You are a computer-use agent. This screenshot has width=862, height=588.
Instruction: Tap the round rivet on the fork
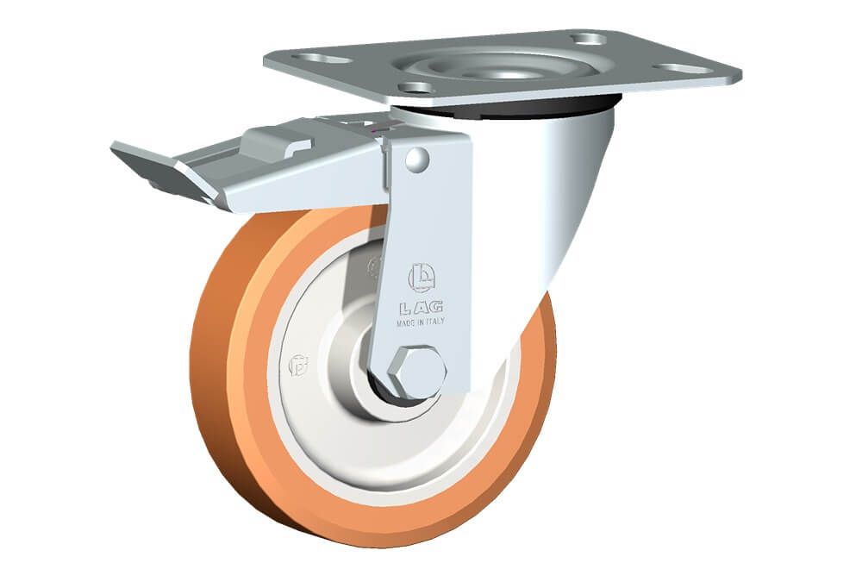coord(418,158)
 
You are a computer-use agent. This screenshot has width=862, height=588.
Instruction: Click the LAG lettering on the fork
coord(422,308)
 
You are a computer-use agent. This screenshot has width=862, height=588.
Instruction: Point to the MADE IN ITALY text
coord(421,322)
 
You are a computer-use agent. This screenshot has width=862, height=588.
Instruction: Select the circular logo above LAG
coord(422,278)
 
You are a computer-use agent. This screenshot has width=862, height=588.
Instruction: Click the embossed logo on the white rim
coord(298,366)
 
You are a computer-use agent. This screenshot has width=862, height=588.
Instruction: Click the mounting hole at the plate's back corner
coord(588,39)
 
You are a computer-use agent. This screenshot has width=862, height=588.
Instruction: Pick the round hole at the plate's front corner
coord(416,87)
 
